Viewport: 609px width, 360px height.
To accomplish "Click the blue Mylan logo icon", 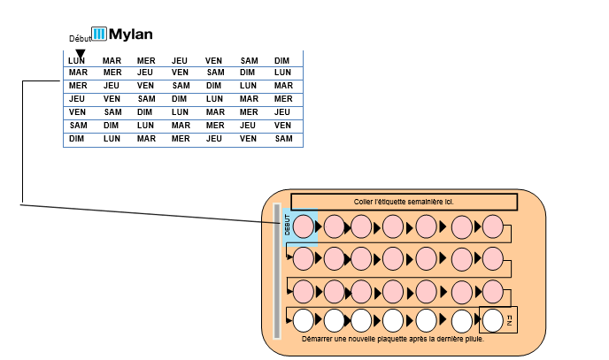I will point(99,34).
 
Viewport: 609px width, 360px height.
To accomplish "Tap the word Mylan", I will point(131,34).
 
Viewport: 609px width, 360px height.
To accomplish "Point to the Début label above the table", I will point(80,39).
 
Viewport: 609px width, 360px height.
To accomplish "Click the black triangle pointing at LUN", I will point(81,53).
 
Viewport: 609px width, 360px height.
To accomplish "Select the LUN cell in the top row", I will point(77,61).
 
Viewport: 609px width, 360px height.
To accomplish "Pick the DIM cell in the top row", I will point(282,61).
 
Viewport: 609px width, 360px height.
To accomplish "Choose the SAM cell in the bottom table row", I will point(283,139).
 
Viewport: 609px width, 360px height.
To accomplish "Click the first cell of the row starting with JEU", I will point(77,99).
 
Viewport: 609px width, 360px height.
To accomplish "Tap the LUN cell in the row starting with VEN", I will point(180,112).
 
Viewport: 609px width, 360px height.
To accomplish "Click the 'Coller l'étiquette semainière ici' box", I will point(404,202).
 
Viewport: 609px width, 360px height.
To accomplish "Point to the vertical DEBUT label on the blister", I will point(287,226).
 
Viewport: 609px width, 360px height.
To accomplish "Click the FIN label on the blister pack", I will point(510,320).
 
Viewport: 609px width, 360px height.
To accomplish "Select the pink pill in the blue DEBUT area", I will point(303,226).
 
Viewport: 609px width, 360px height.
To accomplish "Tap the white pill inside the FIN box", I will point(493,319).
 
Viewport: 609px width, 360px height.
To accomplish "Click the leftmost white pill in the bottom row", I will point(303,319).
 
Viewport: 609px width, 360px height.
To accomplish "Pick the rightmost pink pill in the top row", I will point(493,226).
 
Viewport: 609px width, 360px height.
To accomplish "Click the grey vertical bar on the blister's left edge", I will point(277,271).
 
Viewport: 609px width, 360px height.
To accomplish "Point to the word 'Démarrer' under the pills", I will point(320,339).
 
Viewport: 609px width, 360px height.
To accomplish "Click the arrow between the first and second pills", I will point(319,227).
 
